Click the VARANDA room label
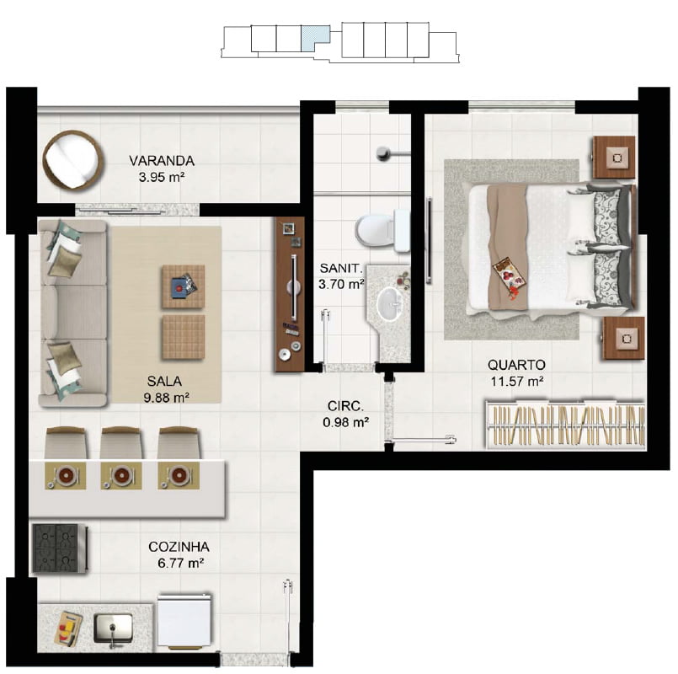[162, 161]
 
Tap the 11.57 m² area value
[517, 382]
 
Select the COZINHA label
[179, 547]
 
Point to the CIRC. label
[345, 406]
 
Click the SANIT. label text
[341, 268]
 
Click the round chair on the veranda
[73, 159]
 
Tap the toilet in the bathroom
[382, 230]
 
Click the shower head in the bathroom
[383, 152]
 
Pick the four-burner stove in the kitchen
[59, 548]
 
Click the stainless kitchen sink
[114, 628]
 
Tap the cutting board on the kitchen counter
[68, 629]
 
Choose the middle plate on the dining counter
[120, 475]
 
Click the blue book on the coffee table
[179, 286]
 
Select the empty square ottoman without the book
[184, 338]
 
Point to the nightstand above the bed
[614, 158]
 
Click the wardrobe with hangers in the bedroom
[565, 425]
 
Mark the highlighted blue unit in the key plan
[315, 37]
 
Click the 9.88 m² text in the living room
[167, 398]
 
